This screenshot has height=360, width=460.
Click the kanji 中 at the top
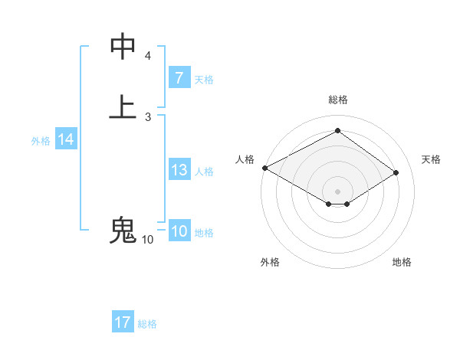pyautogui.click(x=123, y=46)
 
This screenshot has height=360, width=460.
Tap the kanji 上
pyautogui.click(x=123, y=106)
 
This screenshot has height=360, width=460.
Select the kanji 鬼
pyautogui.click(x=123, y=230)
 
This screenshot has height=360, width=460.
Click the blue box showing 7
pyautogui.click(x=179, y=78)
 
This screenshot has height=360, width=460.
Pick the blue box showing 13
pyautogui.click(x=179, y=170)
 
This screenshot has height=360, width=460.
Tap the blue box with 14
pyautogui.click(x=65, y=139)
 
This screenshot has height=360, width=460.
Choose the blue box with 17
pyautogui.click(x=123, y=322)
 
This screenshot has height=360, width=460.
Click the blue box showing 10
pyautogui.click(x=179, y=231)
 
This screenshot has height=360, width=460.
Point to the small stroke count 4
pyautogui.click(x=148, y=56)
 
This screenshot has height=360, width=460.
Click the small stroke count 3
pyautogui.click(x=148, y=116)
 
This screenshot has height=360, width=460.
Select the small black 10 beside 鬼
pyautogui.click(x=147, y=240)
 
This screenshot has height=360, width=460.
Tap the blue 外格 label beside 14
pyautogui.click(x=41, y=141)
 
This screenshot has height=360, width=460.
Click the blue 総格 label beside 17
pyautogui.click(x=147, y=324)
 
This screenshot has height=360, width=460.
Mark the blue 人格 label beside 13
pyautogui.click(x=204, y=172)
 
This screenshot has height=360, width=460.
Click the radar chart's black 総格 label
pyautogui.click(x=337, y=100)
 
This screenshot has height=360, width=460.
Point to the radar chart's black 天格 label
pyautogui.click(x=431, y=159)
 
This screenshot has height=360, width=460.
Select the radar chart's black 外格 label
pyautogui.click(x=270, y=262)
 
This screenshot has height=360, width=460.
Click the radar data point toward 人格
pyautogui.click(x=264, y=167)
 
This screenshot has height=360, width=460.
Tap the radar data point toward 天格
pyautogui.click(x=396, y=172)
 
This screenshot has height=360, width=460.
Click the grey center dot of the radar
pyautogui.click(x=337, y=191)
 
